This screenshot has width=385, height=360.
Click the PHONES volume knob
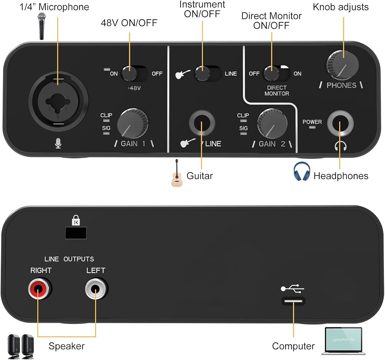[343, 65]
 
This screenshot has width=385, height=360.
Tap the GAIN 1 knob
[132, 123]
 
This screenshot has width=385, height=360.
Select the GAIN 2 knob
[272, 123]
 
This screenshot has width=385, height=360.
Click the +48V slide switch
[134, 73]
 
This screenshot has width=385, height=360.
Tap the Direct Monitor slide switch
[276, 73]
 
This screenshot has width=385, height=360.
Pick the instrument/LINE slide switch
[208, 73]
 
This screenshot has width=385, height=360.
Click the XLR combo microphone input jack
[58, 101]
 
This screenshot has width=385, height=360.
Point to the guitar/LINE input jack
[202, 123]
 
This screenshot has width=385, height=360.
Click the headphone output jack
[340, 123]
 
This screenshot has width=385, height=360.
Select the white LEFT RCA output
[96, 288]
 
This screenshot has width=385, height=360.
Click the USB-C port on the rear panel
[293, 301]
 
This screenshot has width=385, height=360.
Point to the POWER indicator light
[312, 127]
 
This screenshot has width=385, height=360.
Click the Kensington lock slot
[76, 233]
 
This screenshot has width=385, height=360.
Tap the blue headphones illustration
[302, 171]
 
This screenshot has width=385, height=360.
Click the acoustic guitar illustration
[177, 173]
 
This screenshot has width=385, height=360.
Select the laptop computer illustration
[343, 341]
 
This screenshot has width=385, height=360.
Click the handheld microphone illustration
[42, 26]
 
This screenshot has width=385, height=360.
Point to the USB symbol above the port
[293, 288]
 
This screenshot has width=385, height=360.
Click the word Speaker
[67, 346]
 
